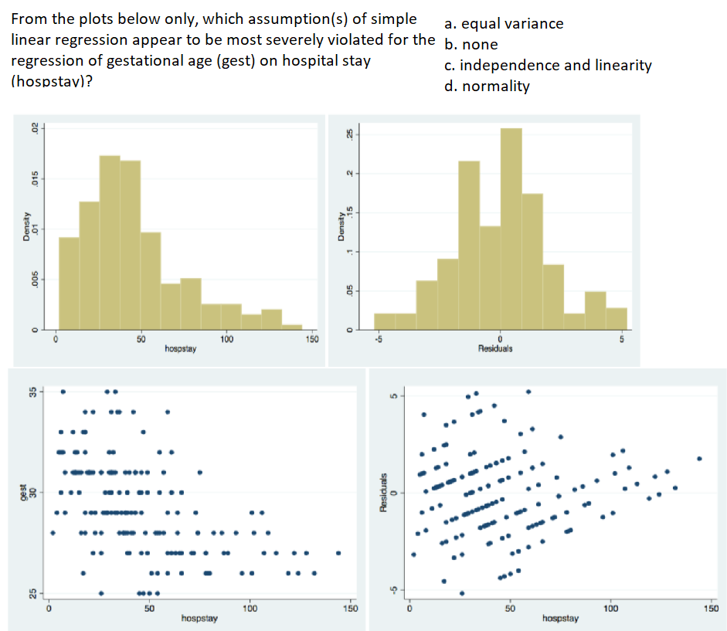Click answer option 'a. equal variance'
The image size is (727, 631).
click(504, 23)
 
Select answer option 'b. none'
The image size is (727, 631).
click(471, 44)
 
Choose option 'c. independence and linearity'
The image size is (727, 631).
click(548, 65)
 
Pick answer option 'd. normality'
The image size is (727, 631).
click(487, 86)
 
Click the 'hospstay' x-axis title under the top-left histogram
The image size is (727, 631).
click(181, 349)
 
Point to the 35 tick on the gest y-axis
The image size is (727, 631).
click(32, 392)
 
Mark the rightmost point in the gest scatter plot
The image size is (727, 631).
click(338, 553)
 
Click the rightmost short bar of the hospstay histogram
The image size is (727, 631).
click(292, 327)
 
